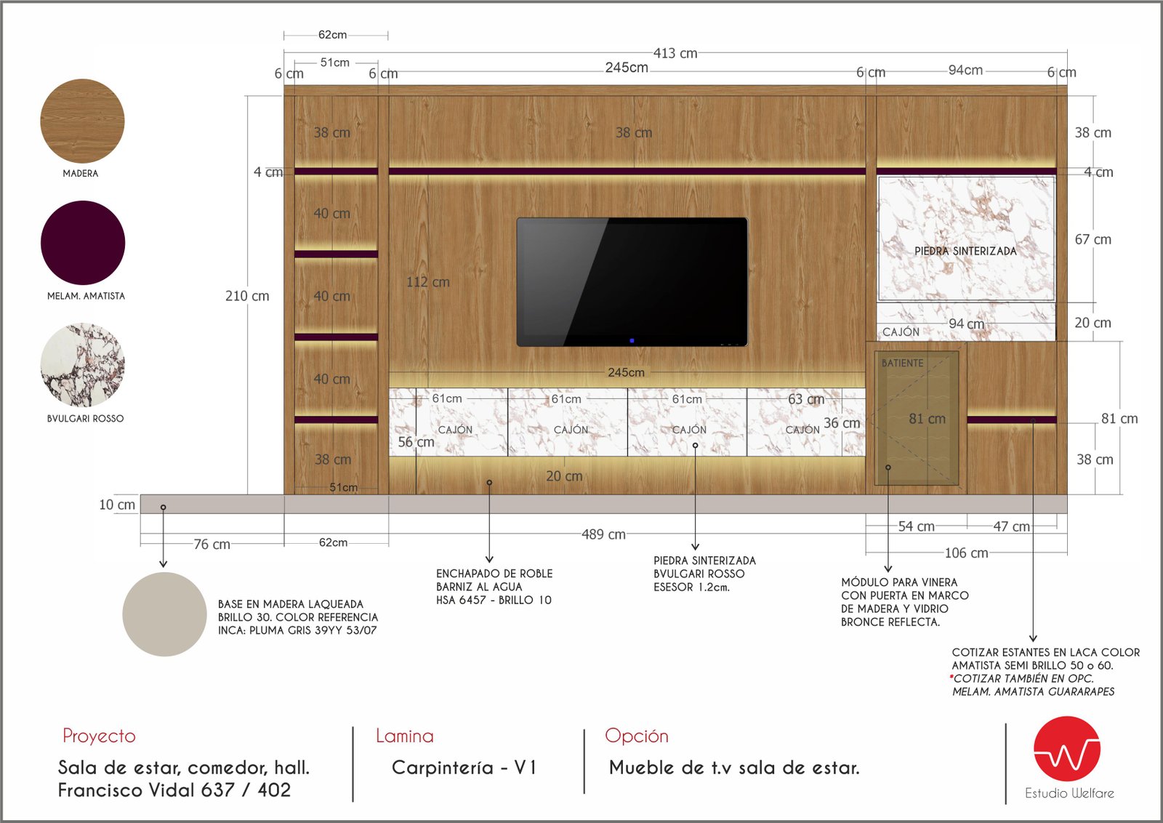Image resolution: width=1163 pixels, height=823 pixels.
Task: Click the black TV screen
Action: click(632, 282)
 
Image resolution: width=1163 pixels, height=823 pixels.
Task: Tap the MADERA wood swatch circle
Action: click(83, 121)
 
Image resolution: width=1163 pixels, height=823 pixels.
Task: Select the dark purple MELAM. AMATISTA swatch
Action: click(83, 243)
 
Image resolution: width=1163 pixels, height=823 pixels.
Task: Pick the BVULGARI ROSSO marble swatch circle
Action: click(83, 365)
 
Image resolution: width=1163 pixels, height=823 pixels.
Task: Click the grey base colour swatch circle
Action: click(164, 614)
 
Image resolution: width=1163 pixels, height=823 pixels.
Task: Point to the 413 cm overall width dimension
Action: click(675, 54)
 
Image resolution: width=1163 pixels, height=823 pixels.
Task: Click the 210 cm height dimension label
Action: click(247, 296)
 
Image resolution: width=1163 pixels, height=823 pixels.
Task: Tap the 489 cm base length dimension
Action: click(603, 534)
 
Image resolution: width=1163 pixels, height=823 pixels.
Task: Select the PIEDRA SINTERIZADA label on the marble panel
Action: click(965, 251)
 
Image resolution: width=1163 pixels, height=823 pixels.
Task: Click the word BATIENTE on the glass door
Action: click(902, 363)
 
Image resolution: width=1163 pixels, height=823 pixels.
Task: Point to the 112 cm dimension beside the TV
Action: click(428, 282)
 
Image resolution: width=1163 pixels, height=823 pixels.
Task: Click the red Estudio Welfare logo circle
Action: click(1067, 749)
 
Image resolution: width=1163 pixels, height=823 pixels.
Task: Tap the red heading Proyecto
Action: click(99, 736)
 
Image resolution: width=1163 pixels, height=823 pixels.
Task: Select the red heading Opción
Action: click(637, 735)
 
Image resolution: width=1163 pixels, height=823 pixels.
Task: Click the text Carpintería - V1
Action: click(464, 768)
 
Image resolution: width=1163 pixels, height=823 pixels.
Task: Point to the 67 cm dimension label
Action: click(1093, 239)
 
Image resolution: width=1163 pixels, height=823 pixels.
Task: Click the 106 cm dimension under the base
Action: click(966, 553)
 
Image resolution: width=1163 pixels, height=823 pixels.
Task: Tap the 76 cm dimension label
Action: click(212, 544)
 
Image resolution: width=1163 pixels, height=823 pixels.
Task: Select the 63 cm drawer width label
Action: click(806, 399)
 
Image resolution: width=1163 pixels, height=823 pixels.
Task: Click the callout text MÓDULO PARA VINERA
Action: click(899, 582)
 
